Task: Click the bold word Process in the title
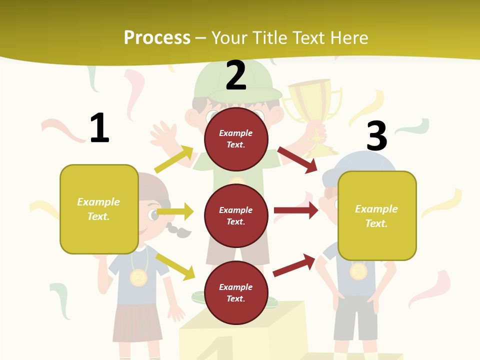click(157, 38)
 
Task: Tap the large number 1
click(99, 128)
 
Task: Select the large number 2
click(236, 75)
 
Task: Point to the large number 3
click(377, 136)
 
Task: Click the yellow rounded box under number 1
click(99, 209)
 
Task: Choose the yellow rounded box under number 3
click(377, 215)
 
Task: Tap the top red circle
click(236, 139)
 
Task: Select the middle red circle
click(236, 215)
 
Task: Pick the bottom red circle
click(236, 292)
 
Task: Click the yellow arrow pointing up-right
click(174, 159)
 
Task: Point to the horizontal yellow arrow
click(175, 211)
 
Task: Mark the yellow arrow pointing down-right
click(175, 266)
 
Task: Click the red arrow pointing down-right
click(297, 159)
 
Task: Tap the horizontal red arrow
click(296, 210)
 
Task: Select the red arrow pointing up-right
click(294, 265)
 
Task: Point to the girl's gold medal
click(138, 277)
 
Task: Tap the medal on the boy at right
click(358, 271)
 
